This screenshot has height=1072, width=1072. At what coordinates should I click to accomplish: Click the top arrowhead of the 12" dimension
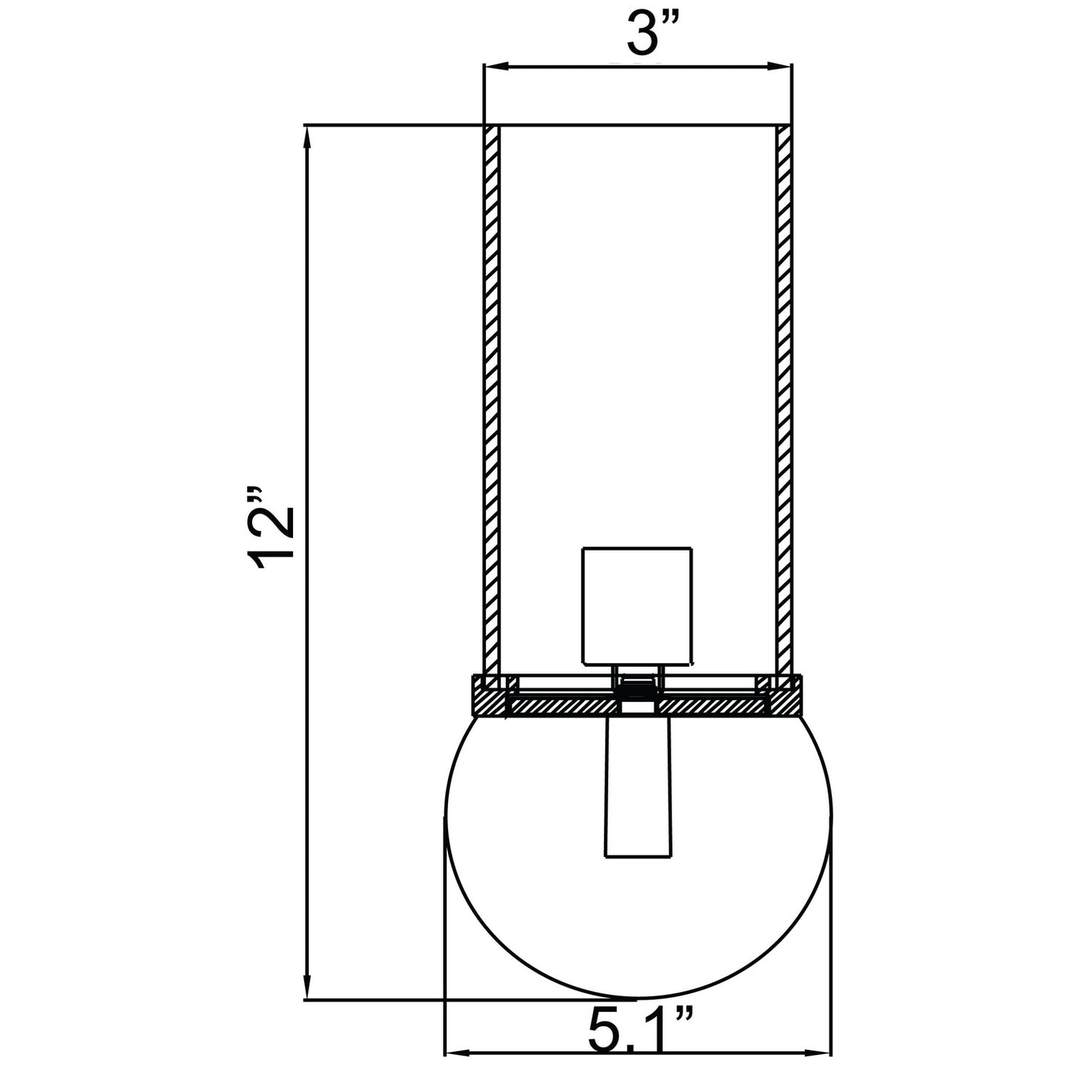(x=306, y=139)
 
